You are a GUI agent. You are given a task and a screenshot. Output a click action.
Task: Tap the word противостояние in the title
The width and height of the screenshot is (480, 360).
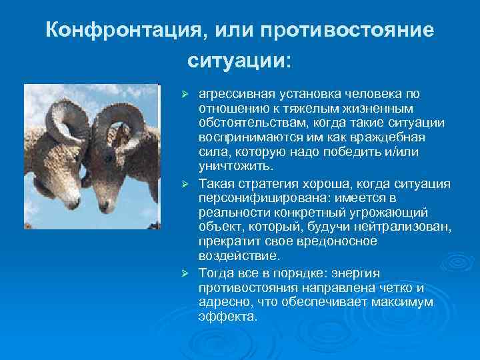click(347, 31)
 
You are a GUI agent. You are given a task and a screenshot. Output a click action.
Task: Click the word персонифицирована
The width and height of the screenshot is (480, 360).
click(254, 199)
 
